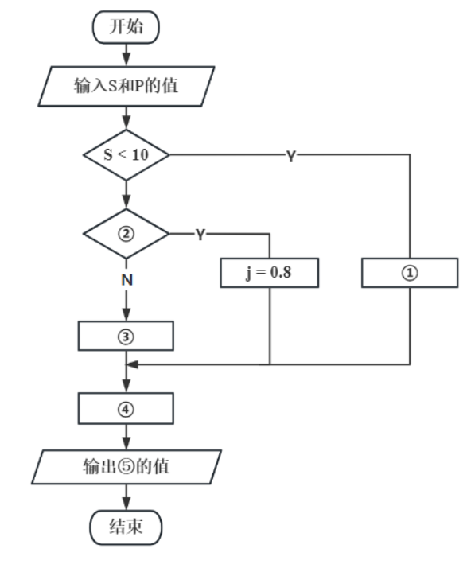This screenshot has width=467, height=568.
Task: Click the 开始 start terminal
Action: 126,28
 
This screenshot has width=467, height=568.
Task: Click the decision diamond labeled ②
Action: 126,234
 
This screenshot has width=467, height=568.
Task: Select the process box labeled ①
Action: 411,273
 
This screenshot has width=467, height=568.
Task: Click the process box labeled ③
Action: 126,336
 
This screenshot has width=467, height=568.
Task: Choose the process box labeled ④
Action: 126,409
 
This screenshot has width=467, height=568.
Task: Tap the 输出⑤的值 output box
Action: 126,467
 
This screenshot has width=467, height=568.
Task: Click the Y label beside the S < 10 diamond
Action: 291,157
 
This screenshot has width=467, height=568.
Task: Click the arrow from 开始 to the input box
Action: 126,56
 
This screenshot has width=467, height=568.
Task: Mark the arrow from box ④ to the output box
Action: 126,437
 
